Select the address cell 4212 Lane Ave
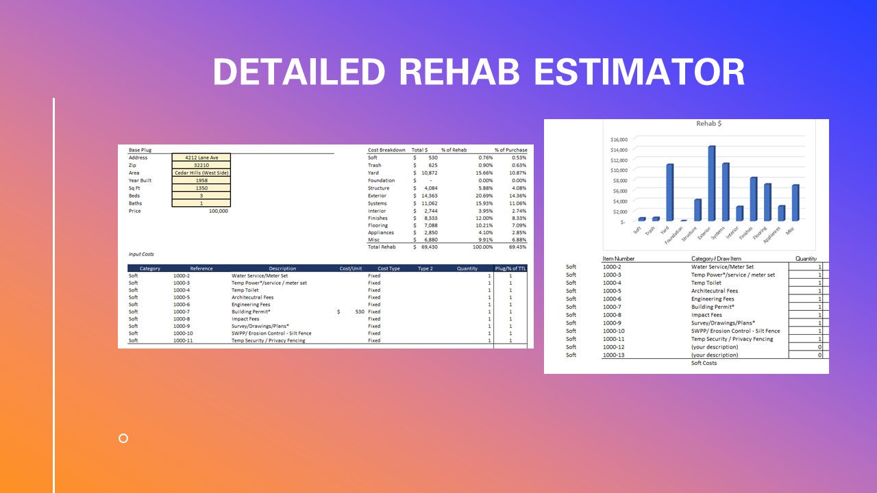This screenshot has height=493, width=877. coord(201,157)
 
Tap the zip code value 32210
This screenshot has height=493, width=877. coord(201,165)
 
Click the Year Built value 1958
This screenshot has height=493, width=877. coord(201,180)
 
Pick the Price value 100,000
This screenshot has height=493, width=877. coord(219,211)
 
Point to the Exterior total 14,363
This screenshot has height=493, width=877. coord(428,196)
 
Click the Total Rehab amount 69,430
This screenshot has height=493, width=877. coord(428,246)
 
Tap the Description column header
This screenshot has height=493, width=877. coord(282,268)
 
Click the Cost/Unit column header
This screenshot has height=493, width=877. coord(351,268)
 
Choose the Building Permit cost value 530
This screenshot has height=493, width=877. coord(360,312)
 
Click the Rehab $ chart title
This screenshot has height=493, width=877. coord(708,124)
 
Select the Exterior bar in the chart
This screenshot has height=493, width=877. coord(712,183)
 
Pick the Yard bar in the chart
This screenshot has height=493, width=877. coord(670,192)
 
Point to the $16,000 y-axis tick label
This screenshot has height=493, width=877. coord(618,140)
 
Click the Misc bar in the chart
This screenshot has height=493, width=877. coord(795,203)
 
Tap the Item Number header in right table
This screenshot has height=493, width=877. coord(618,259)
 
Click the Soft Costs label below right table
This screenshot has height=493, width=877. coord(704,363)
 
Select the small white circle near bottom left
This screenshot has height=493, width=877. coord(123,438)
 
